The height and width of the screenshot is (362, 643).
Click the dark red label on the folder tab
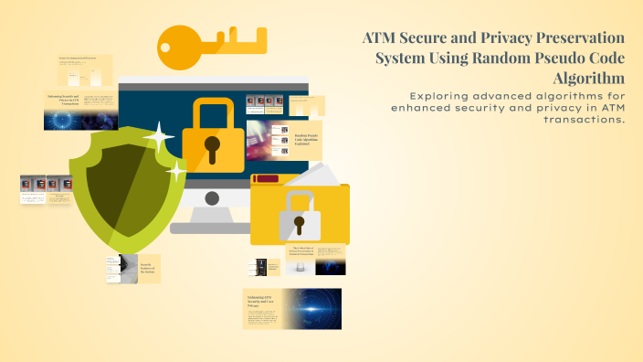pyautogui.click(x=267, y=179)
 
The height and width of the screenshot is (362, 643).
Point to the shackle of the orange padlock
pyautogui.click(x=213, y=110)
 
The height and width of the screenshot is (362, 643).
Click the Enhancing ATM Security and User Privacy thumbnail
pyautogui.click(x=291, y=309)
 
